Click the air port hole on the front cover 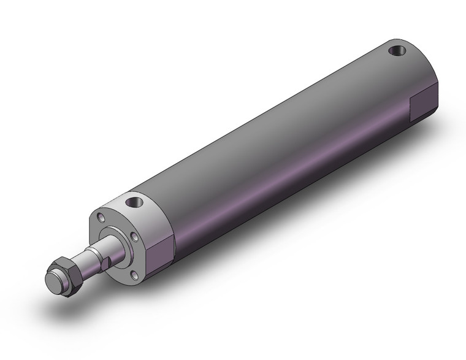coord(134,201)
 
